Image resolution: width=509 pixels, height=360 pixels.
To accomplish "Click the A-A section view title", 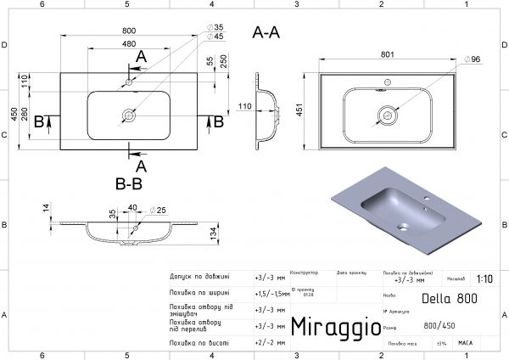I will (267, 33).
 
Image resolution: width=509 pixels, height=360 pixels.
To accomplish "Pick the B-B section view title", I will (129, 182).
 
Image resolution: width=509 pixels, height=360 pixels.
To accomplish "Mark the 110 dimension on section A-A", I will (245, 106).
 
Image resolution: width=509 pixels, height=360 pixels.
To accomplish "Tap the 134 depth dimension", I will (216, 233).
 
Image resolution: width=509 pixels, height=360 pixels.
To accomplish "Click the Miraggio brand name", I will (330, 326).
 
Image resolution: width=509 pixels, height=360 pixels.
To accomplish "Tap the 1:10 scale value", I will (484, 278).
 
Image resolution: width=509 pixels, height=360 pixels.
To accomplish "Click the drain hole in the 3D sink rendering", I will (406, 227).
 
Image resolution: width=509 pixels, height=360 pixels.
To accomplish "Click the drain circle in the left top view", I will (129, 113).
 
